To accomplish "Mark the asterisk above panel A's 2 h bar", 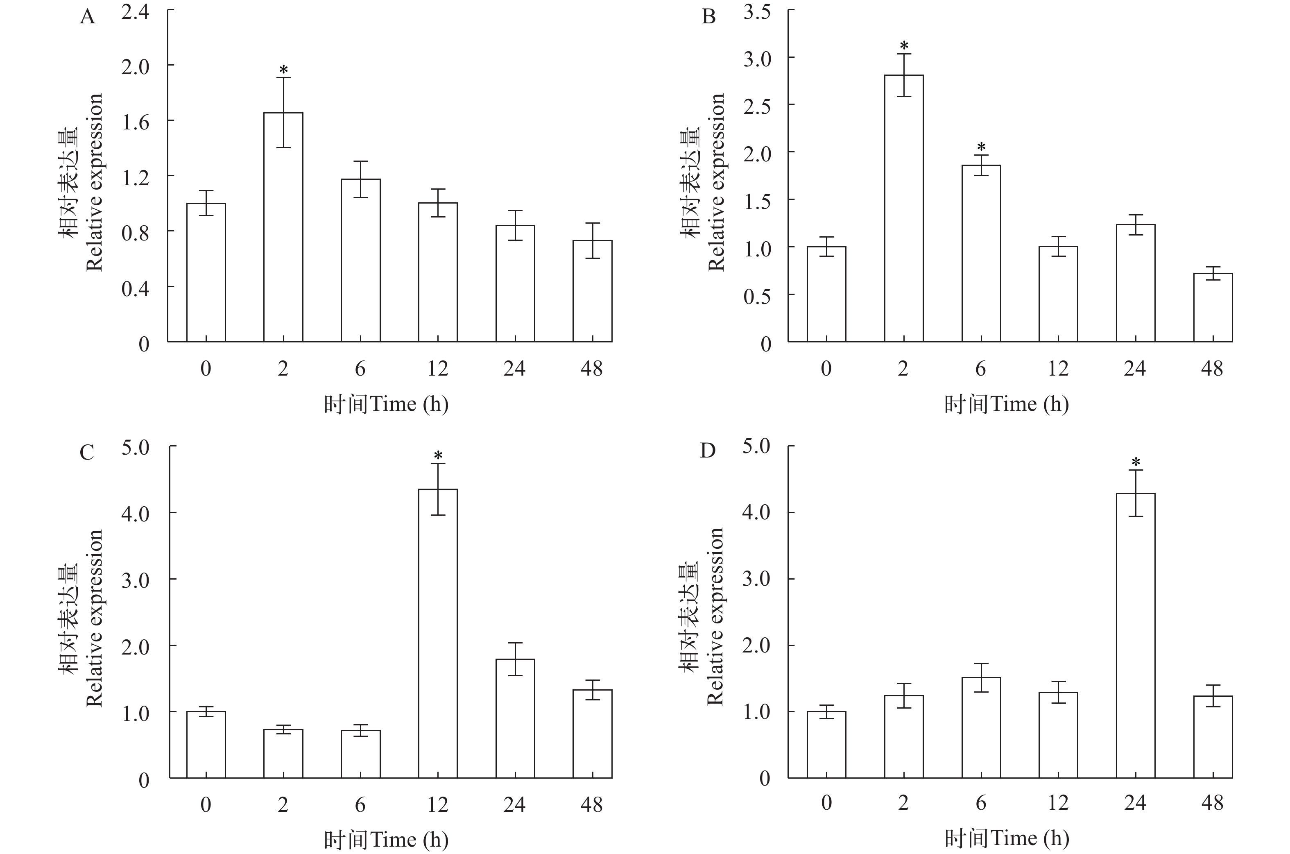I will click(x=283, y=70).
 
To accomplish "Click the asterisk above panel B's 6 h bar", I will click(x=981, y=147).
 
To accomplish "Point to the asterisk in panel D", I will click(x=1135, y=463).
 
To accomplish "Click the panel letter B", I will click(x=708, y=17).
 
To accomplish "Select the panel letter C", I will click(x=87, y=453).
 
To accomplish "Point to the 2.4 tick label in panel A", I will click(x=135, y=12).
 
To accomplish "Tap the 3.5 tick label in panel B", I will click(x=757, y=12).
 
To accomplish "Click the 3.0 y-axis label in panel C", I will click(x=135, y=580).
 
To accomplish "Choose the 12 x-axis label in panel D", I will click(x=1058, y=803).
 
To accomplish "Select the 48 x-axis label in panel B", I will click(x=1212, y=369).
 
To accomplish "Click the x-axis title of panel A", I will click(x=386, y=404).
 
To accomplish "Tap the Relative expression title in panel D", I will click(x=715, y=616).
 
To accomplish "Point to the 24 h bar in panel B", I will click(x=1135, y=283).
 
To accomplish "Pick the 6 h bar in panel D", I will click(x=981, y=727).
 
